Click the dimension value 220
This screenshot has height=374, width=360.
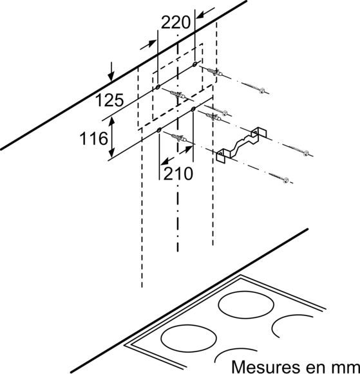click(x=176, y=23)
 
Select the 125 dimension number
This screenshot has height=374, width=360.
click(x=109, y=100)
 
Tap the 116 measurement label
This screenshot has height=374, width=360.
click(x=93, y=138)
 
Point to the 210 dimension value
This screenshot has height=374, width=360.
click(x=178, y=173)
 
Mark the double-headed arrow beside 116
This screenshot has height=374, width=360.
click(x=112, y=137)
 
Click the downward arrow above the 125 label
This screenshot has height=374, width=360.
click(x=111, y=72)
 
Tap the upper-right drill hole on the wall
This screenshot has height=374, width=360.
click(x=195, y=64)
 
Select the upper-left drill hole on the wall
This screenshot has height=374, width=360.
click(x=158, y=87)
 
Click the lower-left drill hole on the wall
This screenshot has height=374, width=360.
click(x=159, y=130)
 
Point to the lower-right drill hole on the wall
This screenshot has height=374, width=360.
click(x=193, y=109)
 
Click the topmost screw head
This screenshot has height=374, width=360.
click(x=262, y=91)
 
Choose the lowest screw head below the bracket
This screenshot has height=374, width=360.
click(x=285, y=180)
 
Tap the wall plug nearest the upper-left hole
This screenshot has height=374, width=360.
click(x=177, y=95)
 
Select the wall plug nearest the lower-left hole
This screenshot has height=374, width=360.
click(x=180, y=138)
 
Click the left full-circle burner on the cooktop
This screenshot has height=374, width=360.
click(x=189, y=338)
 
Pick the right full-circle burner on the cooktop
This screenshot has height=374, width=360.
click(x=246, y=306)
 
